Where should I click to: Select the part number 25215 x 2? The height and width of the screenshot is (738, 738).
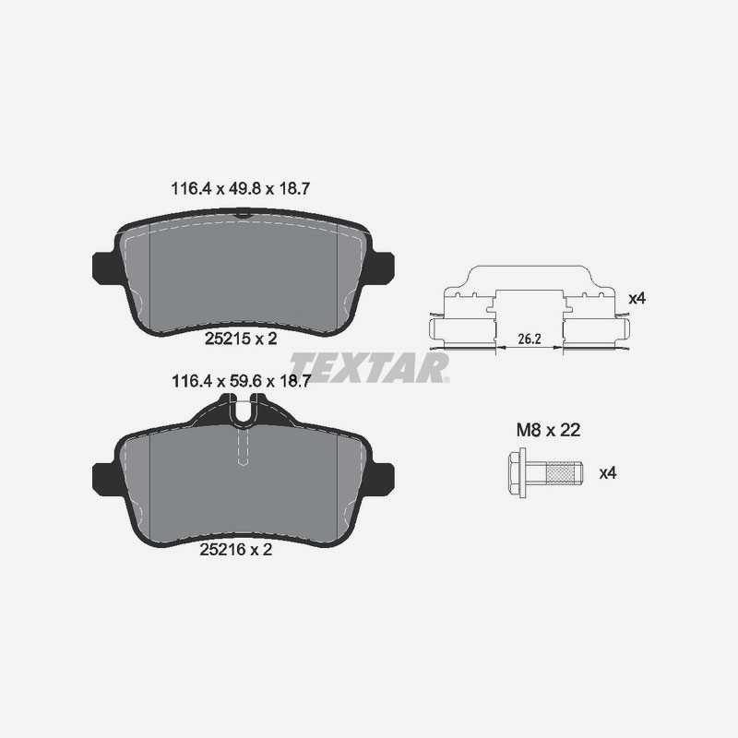coord(240,339)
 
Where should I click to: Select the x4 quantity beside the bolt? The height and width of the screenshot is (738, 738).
coord(607,473)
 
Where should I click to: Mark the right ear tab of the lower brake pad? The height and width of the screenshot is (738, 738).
coord(382,476)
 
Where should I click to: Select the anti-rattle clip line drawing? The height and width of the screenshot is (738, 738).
coord(530,304)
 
